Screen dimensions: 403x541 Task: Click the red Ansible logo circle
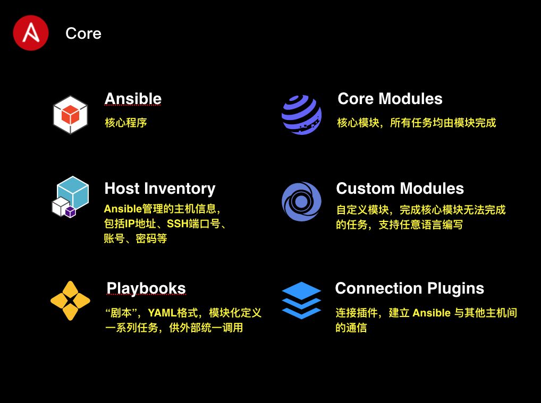(x=31, y=33)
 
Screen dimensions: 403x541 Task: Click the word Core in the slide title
(x=83, y=33)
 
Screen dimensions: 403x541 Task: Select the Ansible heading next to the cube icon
(x=133, y=99)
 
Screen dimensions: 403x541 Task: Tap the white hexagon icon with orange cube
(x=70, y=114)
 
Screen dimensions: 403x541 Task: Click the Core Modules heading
(x=390, y=99)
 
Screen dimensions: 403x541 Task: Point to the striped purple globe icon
(x=301, y=115)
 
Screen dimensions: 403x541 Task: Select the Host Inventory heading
(x=159, y=188)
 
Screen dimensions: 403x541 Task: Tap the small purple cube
(x=70, y=211)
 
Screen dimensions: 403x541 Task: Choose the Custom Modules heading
(x=400, y=188)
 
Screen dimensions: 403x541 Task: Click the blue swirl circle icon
(x=301, y=202)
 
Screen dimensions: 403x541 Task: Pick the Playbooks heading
(x=146, y=288)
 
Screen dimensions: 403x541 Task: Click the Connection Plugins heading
(x=409, y=288)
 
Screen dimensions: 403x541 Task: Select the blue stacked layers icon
(x=301, y=301)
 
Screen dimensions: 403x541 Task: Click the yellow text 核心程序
(x=125, y=123)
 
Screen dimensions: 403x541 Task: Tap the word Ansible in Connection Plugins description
(x=432, y=312)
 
